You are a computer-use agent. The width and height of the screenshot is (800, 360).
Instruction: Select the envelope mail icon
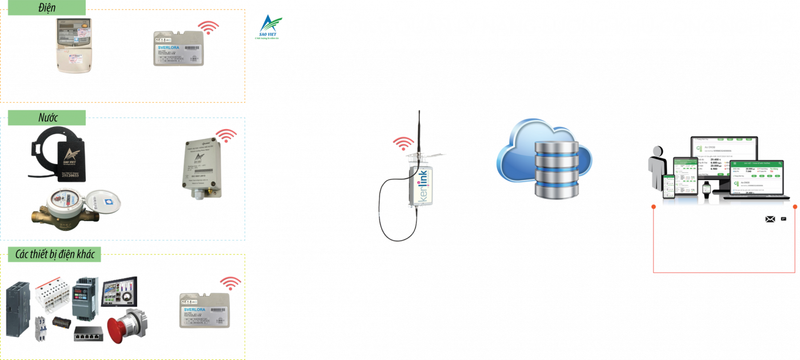coord(770,219)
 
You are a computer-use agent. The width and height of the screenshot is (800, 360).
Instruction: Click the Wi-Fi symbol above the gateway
coord(403,142)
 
